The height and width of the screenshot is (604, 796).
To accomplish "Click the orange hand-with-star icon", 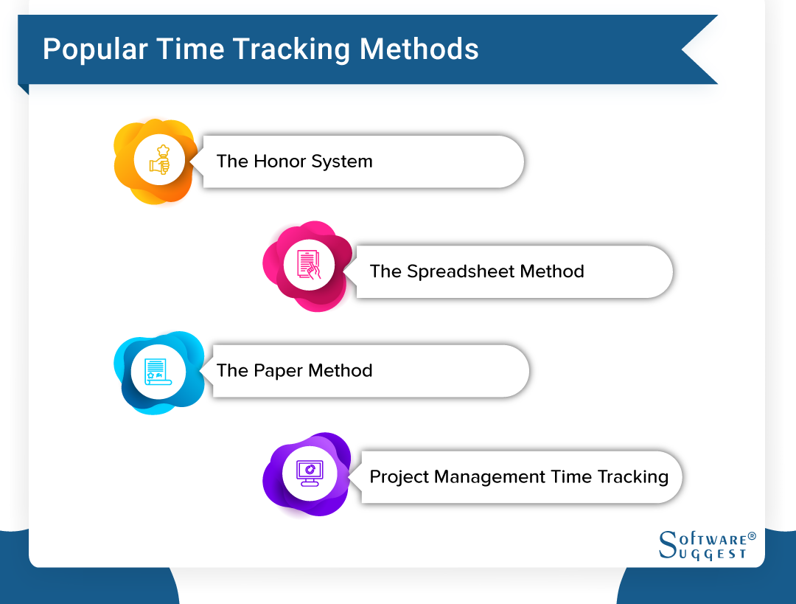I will coord(160,160).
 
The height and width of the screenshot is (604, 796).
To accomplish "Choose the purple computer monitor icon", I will coord(309,471).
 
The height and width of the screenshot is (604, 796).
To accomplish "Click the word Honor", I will coord(280,162).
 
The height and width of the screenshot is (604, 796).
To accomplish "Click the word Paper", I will coord(279,370).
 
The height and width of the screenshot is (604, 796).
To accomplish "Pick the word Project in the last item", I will coord(399,477).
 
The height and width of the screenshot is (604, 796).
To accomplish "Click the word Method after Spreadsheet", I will coord(552,271).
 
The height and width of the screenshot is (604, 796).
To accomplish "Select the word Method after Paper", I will coord(341,370).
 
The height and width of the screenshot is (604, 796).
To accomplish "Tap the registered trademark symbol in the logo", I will coord(753,537).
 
